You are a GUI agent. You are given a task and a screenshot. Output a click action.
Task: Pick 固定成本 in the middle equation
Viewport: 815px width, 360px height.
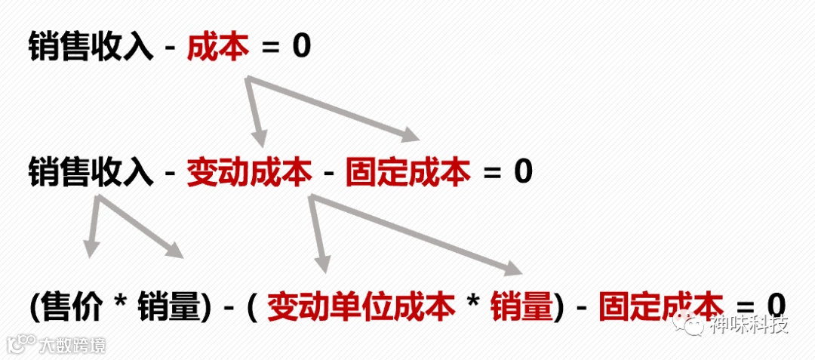click(x=407, y=172)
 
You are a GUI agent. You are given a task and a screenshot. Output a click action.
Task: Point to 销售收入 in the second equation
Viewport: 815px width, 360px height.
click(x=91, y=172)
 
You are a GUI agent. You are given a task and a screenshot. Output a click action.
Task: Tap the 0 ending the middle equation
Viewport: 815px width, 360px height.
click(x=523, y=172)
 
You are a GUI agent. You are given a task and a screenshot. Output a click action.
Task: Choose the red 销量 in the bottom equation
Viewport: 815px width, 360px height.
click(x=523, y=306)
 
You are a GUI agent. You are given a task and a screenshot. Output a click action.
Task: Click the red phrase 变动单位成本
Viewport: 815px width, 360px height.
click(x=361, y=306)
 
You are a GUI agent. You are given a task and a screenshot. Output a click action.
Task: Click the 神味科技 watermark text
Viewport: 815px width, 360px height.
click(x=752, y=325)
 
